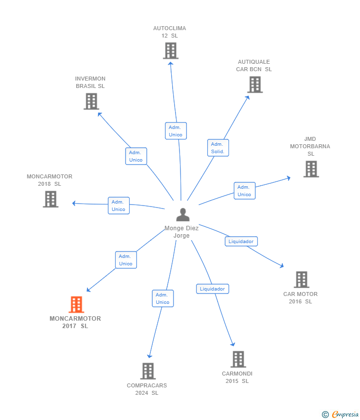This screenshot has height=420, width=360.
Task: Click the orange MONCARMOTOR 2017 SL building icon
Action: [x=76, y=304]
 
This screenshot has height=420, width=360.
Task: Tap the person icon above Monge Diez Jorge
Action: [x=183, y=214]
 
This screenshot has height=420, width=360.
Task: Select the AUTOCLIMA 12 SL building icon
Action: [x=171, y=51]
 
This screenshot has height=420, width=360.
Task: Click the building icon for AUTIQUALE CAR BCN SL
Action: [x=255, y=84]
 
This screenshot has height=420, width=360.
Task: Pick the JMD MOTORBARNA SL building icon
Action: [x=311, y=169]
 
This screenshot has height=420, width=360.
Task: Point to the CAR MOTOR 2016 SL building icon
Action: [x=302, y=280]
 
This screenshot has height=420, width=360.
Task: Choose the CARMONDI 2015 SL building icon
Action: [x=238, y=359]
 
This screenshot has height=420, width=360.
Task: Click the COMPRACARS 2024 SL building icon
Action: [x=148, y=371]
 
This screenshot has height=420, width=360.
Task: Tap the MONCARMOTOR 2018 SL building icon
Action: [x=50, y=199]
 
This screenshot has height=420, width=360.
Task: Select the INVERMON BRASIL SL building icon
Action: [x=91, y=101]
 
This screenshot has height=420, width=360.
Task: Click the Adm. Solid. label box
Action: [x=218, y=148]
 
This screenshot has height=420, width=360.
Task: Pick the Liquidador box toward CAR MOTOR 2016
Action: [x=241, y=241]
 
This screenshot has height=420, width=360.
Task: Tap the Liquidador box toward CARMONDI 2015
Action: [x=213, y=289]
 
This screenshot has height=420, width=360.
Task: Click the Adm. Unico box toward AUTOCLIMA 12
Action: [x=176, y=131]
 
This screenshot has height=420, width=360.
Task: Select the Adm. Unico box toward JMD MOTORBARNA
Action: [x=244, y=191]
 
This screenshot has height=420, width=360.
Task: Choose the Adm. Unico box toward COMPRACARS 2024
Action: [x=163, y=298]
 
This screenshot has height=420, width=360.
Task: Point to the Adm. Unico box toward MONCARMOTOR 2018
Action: [x=119, y=206]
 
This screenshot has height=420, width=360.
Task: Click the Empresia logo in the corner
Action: [x=340, y=415]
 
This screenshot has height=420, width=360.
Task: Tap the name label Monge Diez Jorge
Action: [x=181, y=232]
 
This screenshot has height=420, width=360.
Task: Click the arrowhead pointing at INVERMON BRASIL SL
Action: [x=99, y=114]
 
